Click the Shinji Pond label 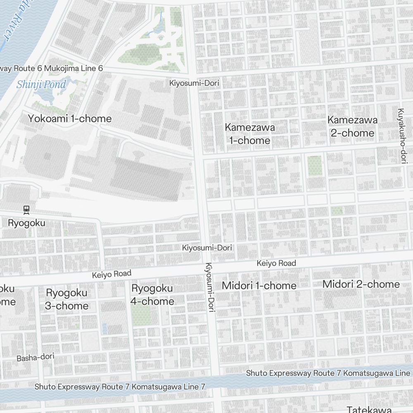[x=41, y=85]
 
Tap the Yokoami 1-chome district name [x=70, y=119]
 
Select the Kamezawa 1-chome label [x=249, y=134]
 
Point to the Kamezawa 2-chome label [x=352, y=126]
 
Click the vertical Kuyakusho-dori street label [x=401, y=135]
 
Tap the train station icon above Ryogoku [x=27, y=210]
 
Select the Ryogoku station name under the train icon [x=27, y=223]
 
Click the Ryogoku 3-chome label [x=66, y=299]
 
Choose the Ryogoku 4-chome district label [x=152, y=294]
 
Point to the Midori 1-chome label [x=259, y=285]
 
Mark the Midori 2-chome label [x=361, y=284]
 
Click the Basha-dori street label [x=36, y=357]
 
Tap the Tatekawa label [x=369, y=409]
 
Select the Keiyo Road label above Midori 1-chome [x=276, y=263]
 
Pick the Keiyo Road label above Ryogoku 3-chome [x=112, y=274]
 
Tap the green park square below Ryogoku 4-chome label [x=141, y=315]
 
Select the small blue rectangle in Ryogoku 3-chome [x=104, y=329]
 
